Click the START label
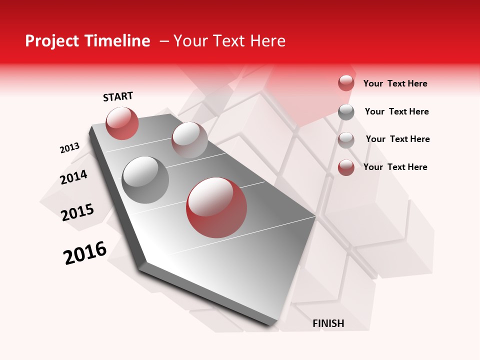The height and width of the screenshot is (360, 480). [x=118, y=96]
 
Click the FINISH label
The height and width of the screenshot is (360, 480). [x=328, y=323]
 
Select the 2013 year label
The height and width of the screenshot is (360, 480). [x=69, y=148]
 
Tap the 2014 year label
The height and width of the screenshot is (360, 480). [x=73, y=177]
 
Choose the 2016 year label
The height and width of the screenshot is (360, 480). [x=85, y=253]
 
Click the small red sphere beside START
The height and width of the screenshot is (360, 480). [x=122, y=123]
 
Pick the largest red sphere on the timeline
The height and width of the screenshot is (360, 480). [x=216, y=207]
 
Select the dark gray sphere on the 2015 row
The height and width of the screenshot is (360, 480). [x=145, y=179]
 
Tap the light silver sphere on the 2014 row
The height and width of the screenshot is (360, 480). [x=189, y=139]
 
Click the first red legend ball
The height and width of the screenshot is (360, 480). [x=346, y=83]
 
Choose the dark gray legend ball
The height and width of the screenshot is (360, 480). [x=346, y=112]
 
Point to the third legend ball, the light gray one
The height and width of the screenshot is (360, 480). [x=346, y=139]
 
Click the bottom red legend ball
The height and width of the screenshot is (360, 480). [x=346, y=167]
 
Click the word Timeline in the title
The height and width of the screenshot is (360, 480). [x=119, y=41]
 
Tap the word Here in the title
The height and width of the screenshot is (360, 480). [x=267, y=41]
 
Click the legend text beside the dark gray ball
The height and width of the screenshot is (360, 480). [x=396, y=111]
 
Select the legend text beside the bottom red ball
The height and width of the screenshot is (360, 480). [x=395, y=167]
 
